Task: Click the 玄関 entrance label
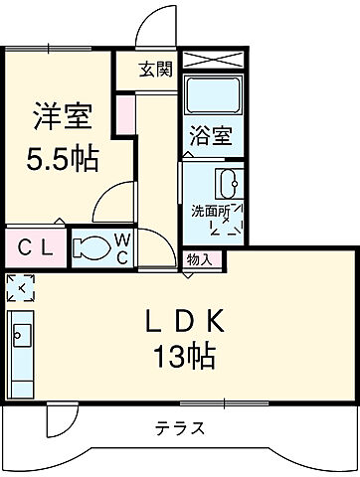point(156,70)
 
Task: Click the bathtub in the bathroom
point(212,98)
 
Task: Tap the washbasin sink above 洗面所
point(227,185)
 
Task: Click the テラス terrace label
point(181,429)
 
